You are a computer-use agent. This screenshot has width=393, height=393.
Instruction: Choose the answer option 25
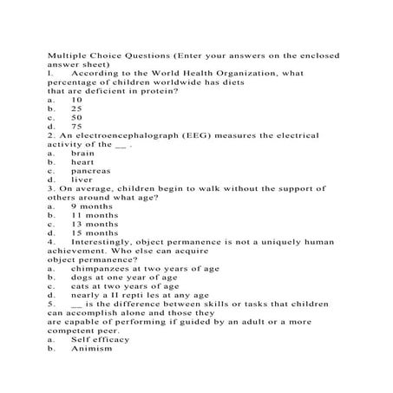click(76, 108)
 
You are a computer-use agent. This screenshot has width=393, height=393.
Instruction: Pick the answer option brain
click(83, 154)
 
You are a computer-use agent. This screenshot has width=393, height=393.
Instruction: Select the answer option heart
click(82, 162)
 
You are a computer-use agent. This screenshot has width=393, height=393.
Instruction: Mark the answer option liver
click(82, 180)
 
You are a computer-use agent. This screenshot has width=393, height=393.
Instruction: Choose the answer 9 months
click(91, 206)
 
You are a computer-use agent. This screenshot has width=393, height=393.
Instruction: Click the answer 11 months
click(94, 216)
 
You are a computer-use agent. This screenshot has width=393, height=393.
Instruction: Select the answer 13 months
click(94, 225)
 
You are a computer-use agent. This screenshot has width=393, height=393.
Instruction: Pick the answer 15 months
click(94, 233)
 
